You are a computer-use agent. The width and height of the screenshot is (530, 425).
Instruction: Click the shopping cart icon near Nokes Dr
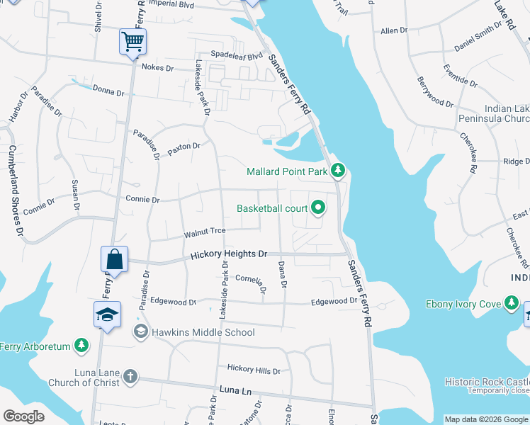(132, 42)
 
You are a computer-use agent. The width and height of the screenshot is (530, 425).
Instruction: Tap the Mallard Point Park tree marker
(339, 171)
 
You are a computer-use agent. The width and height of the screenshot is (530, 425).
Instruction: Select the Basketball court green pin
(318, 208)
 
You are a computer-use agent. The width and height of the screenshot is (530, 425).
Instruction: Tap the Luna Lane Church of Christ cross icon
(129, 376)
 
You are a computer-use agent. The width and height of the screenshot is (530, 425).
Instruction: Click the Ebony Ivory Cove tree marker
(512, 304)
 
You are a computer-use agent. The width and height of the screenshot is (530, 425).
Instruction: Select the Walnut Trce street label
(205, 232)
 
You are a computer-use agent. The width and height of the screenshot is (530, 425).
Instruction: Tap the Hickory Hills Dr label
(254, 369)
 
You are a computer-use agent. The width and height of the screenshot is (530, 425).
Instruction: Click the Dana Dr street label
(283, 274)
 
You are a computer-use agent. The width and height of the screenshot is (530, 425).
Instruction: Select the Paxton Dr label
(184, 148)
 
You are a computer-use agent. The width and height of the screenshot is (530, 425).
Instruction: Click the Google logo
(23, 416)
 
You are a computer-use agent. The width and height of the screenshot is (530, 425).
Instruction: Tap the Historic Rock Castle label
(487, 381)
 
